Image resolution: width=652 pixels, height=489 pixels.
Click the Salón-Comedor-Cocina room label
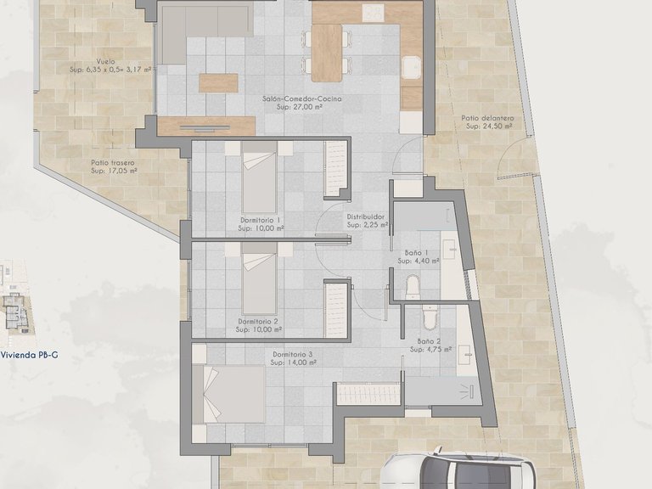[302, 99]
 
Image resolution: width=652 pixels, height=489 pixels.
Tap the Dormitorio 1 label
[260, 220]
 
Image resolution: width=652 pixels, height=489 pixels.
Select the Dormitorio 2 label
[258, 322]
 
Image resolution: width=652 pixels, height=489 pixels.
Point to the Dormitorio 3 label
[293, 354]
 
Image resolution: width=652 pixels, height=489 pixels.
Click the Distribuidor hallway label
[366, 216]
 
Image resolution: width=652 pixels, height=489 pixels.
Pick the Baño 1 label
[417, 252]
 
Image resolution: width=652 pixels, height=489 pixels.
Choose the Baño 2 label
[429, 341]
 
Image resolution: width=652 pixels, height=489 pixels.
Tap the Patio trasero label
[113, 163]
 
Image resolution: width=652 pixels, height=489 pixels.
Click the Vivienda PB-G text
[29, 355]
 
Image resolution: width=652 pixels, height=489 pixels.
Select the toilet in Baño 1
[413, 287]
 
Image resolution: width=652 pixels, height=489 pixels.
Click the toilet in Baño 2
[430, 318]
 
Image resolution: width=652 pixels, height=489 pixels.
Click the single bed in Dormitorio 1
[260, 177]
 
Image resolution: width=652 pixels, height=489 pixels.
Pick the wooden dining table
[327, 53]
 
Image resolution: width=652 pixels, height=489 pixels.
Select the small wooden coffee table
[218, 82]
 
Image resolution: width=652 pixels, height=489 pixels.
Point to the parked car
[458, 469]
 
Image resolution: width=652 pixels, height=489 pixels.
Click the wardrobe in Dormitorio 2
[335, 310]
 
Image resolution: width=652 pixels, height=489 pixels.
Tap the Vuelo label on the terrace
[105, 61]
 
